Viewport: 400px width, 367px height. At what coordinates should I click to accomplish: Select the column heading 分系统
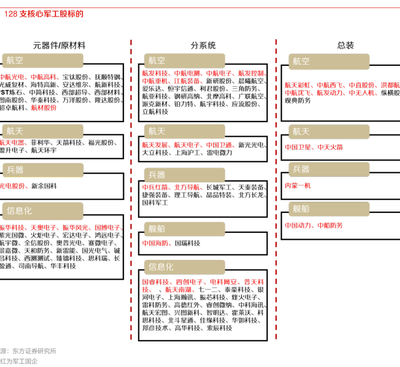[203, 45]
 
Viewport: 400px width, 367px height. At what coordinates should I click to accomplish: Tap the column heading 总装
[346, 45]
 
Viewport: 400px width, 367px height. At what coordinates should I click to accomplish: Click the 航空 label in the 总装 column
[302, 61]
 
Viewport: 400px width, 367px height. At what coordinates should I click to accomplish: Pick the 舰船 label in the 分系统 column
[157, 228]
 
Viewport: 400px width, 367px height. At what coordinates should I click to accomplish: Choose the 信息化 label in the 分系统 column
[161, 267]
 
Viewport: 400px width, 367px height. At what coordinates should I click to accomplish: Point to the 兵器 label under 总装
[302, 170]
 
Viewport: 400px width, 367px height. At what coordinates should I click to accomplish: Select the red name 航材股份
[44, 108]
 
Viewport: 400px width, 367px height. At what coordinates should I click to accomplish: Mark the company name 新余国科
[44, 186]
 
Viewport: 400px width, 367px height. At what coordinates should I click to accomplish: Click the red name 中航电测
[188, 73]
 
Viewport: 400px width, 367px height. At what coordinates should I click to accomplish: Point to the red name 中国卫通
[219, 145]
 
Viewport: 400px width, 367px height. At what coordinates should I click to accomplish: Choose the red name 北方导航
[187, 187]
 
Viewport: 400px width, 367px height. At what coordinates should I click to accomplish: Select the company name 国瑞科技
[187, 243]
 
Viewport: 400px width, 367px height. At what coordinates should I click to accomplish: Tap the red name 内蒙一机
[298, 186]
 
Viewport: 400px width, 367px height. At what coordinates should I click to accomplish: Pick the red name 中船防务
[330, 225]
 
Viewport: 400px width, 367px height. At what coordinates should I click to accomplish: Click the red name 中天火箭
[330, 147]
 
